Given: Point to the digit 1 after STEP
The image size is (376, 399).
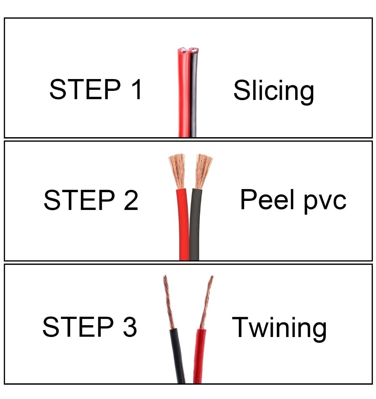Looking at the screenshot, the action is click(x=136, y=89).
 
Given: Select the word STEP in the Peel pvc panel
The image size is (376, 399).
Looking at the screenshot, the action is click(x=79, y=200).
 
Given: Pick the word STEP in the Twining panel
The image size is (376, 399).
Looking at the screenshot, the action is click(x=78, y=327).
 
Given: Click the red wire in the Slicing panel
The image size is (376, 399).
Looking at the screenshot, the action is click(x=183, y=93).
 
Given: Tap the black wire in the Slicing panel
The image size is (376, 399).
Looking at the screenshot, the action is click(x=193, y=93).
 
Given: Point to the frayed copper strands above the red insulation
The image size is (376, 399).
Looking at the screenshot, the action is click(x=177, y=171).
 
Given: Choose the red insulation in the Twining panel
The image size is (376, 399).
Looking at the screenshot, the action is click(x=199, y=356).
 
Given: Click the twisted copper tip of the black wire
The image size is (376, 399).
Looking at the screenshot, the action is click(x=168, y=302).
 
